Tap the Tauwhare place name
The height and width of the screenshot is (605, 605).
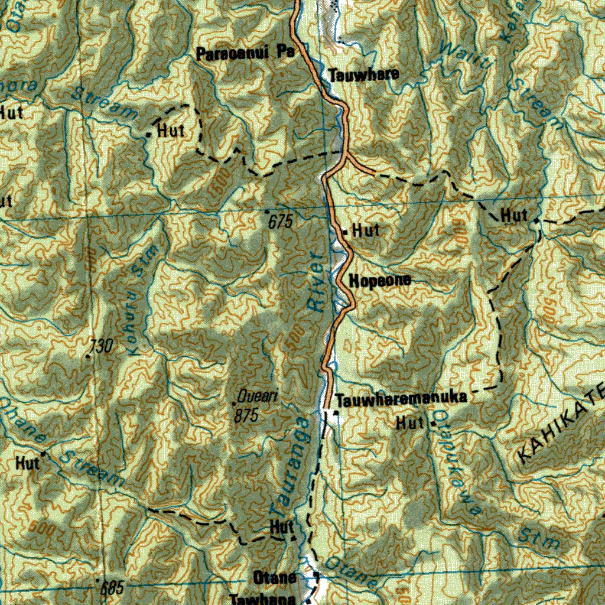(363, 75)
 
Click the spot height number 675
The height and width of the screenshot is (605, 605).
(280, 222)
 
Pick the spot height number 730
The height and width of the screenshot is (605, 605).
(101, 346)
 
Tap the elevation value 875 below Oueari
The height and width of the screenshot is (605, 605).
(246, 415)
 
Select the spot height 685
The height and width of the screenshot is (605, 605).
(112, 588)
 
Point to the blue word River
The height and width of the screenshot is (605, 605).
(317, 281)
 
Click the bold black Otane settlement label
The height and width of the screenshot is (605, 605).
(274, 578)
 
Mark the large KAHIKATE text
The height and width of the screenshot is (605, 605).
(561, 422)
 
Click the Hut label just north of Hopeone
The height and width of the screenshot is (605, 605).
(366, 230)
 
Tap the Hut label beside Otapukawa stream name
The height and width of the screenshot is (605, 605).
(410, 422)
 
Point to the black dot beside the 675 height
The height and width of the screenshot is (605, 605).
(267, 212)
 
